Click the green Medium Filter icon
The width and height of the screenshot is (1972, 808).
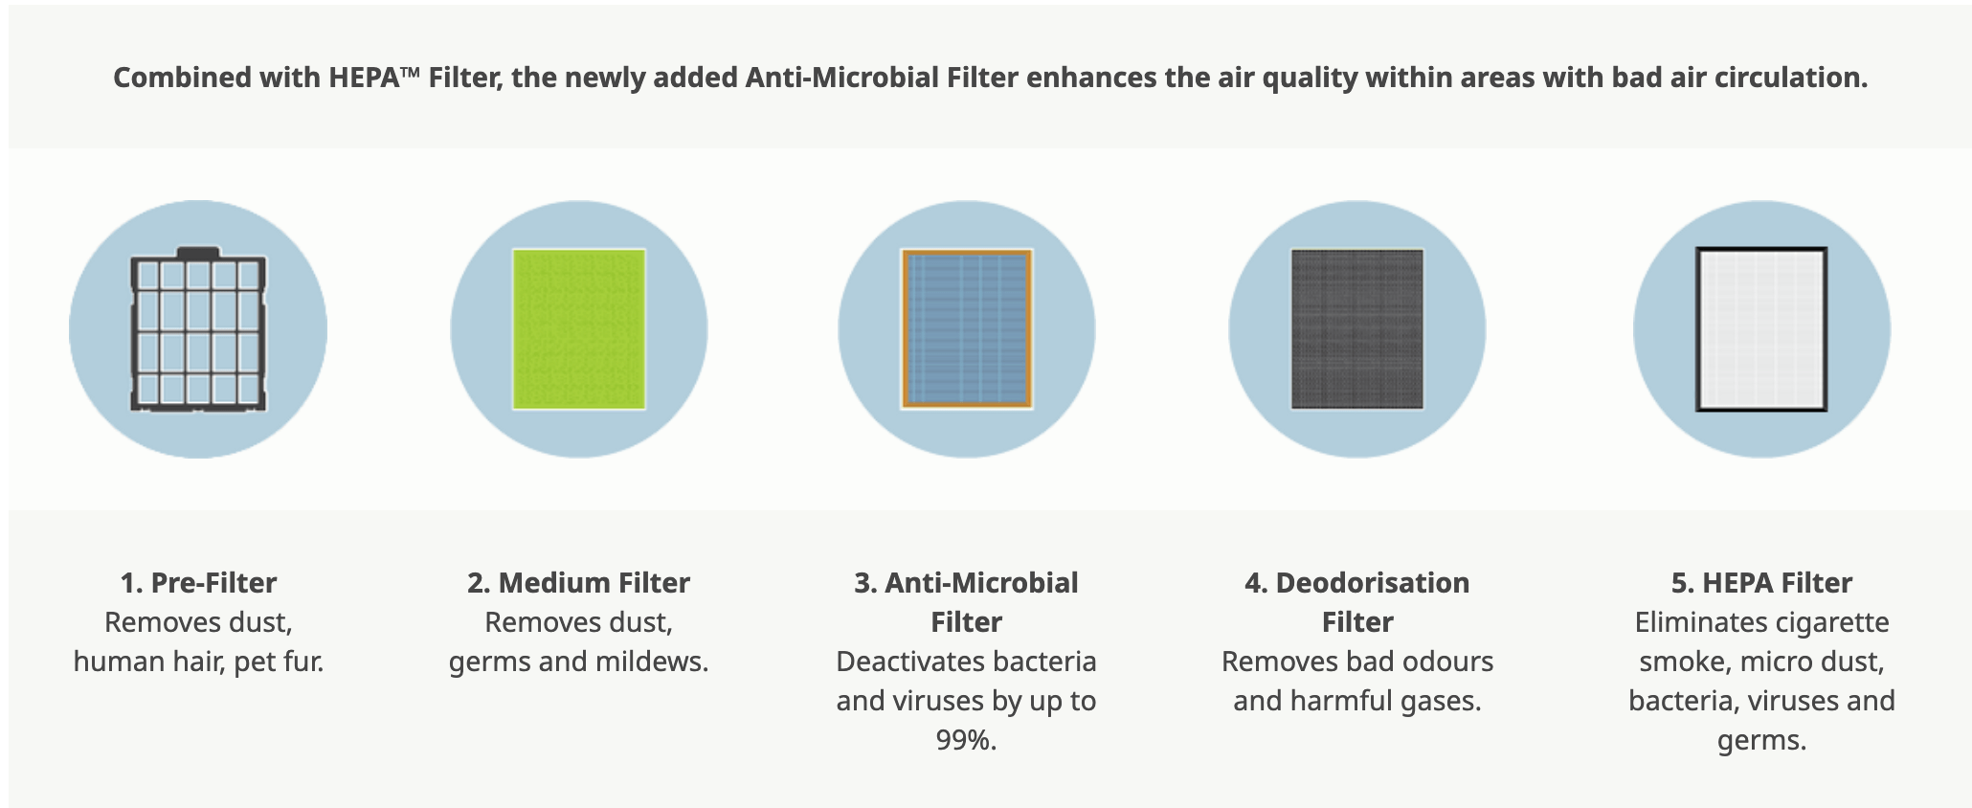(579, 329)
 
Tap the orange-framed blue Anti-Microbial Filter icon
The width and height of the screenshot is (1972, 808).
(967, 329)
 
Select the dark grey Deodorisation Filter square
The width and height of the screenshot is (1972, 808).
(1357, 329)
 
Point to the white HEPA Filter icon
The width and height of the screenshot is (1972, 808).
(1761, 329)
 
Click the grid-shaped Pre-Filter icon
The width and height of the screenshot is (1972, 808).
(198, 329)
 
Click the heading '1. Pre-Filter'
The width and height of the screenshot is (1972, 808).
(198, 583)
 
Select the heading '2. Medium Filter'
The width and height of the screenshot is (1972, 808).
(578, 583)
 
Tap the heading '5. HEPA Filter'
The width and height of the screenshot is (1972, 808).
(1761, 583)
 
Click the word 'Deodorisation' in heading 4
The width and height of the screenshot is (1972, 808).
(1373, 583)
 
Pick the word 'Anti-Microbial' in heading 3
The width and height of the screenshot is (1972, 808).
(981, 583)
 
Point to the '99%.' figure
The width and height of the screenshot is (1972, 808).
(966, 740)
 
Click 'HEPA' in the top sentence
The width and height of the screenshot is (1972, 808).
(364, 78)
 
